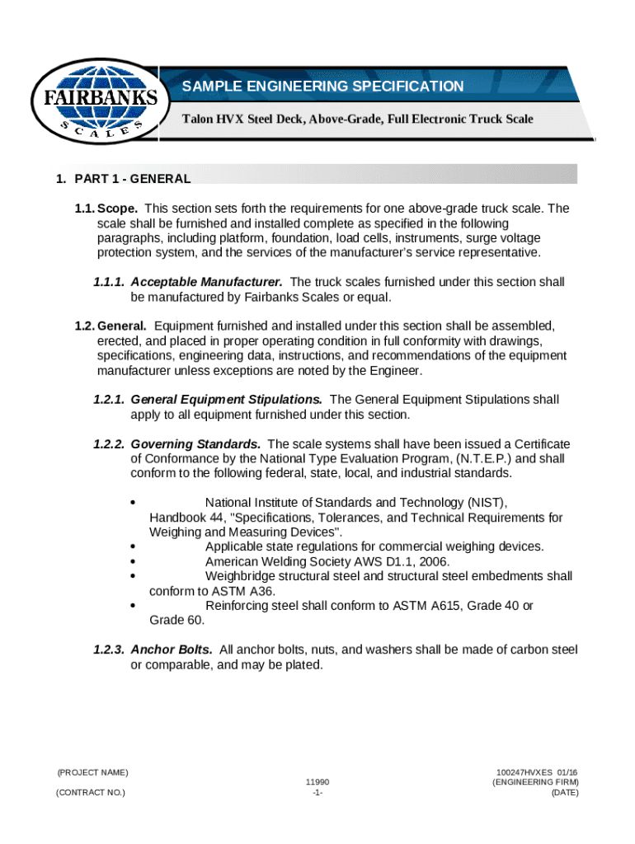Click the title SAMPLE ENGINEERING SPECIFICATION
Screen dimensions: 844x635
coord(322,87)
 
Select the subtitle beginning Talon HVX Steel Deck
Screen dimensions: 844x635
coord(357,120)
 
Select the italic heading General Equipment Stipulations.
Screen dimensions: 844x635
coord(227,399)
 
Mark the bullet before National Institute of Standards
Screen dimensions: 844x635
coord(134,503)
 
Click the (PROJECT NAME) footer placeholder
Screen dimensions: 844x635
coord(92,772)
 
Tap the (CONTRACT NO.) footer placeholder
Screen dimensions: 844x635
coord(91,792)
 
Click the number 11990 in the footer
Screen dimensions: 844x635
coord(317,781)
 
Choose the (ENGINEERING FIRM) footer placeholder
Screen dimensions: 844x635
coord(535,781)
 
